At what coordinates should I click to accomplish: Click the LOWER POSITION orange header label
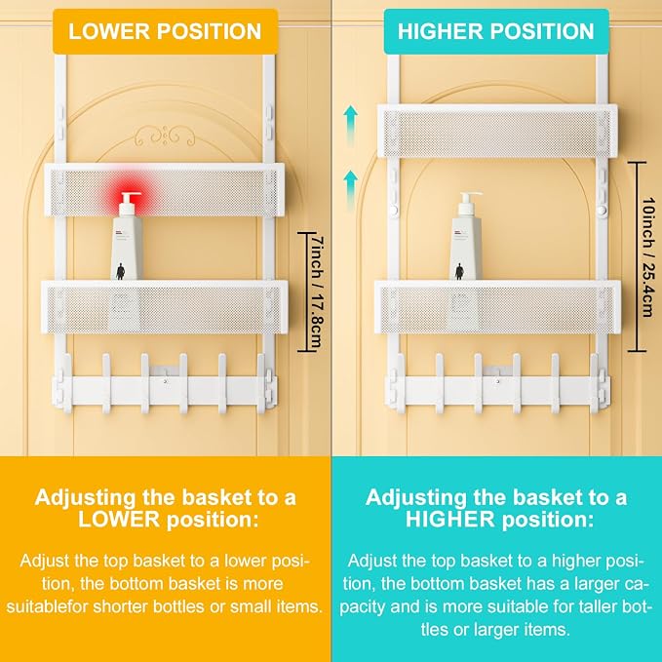[x=165, y=31]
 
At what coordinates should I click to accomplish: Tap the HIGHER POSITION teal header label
[x=496, y=31]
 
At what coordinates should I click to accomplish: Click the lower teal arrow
[x=350, y=190]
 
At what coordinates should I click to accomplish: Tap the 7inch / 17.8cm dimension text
[x=317, y=292]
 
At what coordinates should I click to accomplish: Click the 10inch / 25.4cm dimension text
[x=648, y=256]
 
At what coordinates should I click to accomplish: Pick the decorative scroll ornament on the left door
[x=165, y=136]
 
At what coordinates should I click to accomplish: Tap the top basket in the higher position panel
[x=497, y=131]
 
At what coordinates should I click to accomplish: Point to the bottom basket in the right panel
[x=497, y=307]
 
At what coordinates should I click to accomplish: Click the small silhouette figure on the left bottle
[x=120, y=271]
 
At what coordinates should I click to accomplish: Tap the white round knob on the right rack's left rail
[x=394, y=210]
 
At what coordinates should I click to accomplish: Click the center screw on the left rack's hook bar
[x=165, y=381]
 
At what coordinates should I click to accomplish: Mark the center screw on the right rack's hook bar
[x=498, y=381]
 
